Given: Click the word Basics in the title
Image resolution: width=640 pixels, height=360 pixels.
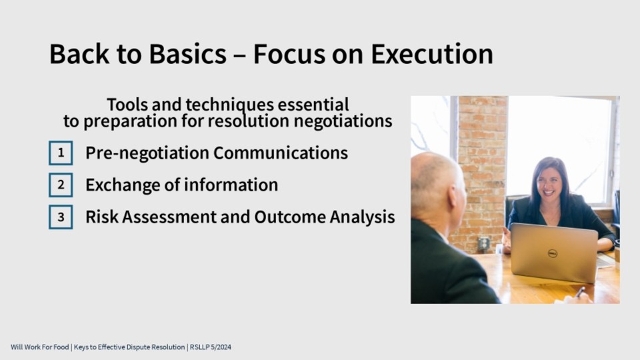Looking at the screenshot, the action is click(x=187, y=54).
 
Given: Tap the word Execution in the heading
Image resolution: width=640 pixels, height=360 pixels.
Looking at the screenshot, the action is click(x=432, y=54).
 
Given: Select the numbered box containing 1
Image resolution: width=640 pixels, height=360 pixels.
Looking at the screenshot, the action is click(x=61, y=153).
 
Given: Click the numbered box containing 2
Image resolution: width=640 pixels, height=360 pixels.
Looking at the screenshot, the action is click(x=61, y=185).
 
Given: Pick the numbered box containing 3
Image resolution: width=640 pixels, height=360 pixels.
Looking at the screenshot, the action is click(x=61, y=217).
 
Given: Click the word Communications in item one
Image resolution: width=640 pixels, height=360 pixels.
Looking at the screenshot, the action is click(x=281, y=153).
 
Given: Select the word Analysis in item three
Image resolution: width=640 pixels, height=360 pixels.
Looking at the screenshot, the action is click(x=362, y=217).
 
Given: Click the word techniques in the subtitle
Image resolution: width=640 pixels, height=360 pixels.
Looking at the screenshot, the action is click(x=230, y=105).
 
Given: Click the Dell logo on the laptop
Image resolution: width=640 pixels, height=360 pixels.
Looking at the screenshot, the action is click(x=552, y=253).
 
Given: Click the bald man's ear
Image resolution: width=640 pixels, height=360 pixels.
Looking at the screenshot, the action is click(x=452, y=196).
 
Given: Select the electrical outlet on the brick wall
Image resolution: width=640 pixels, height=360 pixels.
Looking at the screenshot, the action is click(x=483, y=244).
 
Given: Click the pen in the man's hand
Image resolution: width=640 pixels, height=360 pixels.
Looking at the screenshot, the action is click(x=580, y=292).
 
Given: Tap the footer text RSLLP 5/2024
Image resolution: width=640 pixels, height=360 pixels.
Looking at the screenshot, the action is click(x=210, y=347).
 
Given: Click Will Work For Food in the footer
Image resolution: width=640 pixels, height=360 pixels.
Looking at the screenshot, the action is click(x=39, y=347).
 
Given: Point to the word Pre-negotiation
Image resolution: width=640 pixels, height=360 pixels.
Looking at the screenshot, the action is click(x=147, y=153).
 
